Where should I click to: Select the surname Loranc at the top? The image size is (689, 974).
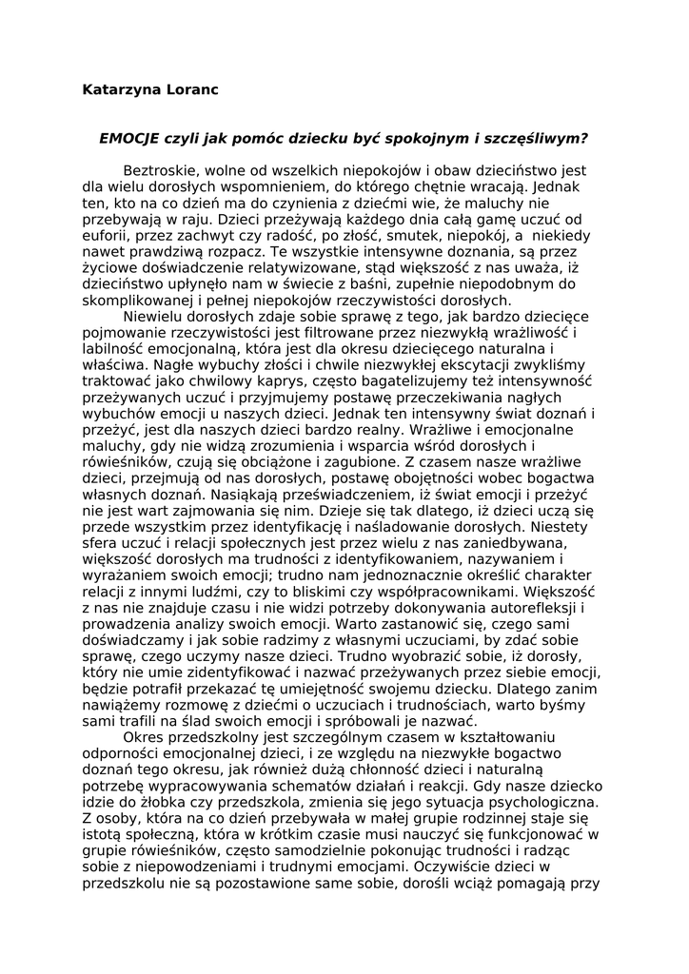pyautogui.click(x=189, y=90)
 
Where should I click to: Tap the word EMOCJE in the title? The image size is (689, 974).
pyautogui.click(x=130, y=137)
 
